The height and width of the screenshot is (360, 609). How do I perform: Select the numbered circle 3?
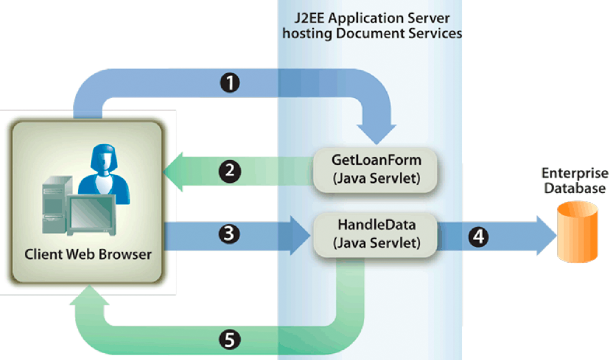(x=231, y=234)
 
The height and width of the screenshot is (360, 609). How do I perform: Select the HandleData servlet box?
(x=377, y=232)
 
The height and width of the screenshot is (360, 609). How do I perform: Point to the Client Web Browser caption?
(x=88, y=254)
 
